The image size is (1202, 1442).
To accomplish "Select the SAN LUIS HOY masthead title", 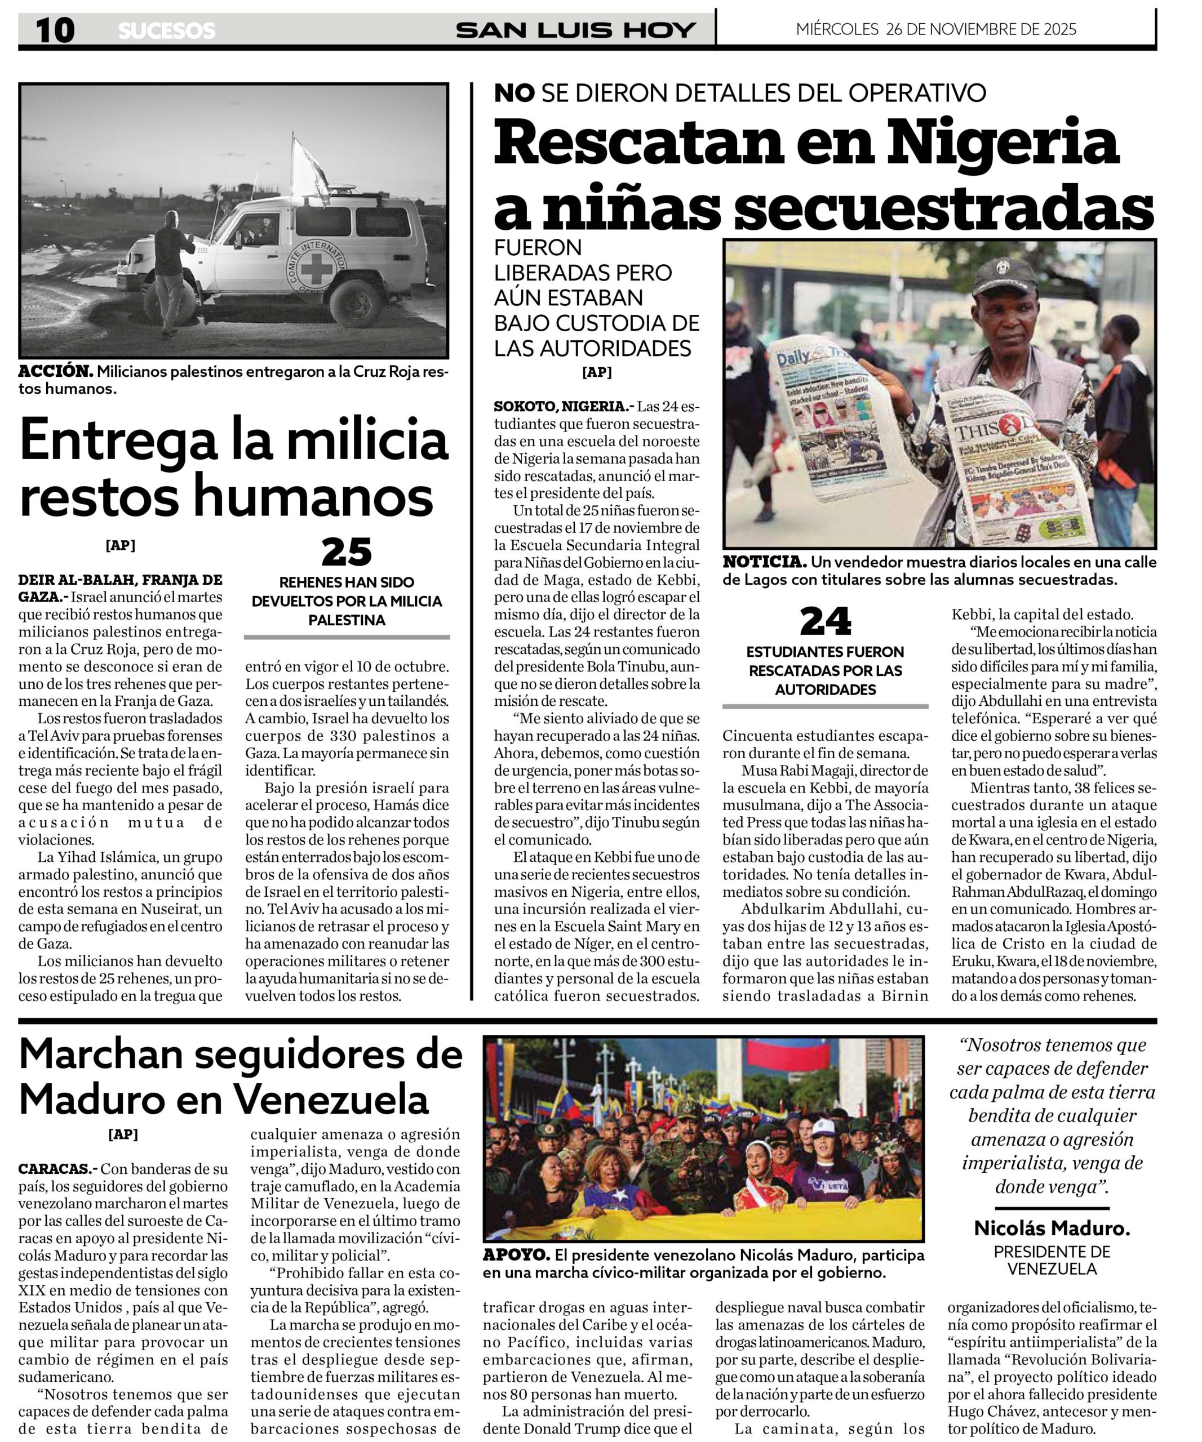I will (575, 30).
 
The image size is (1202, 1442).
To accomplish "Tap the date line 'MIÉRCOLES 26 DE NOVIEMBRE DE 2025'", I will (935, 29).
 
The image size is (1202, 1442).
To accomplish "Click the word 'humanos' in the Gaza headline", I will (313, 496).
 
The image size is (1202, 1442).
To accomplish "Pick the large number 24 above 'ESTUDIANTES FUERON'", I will (825, 621).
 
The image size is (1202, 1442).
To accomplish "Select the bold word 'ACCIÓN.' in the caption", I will (55, 372).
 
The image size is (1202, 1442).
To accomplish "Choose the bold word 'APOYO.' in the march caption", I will (516, 1254).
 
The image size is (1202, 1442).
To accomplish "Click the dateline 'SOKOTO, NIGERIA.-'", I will (562, 406).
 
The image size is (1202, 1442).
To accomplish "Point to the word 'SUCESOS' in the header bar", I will (166, 30).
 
